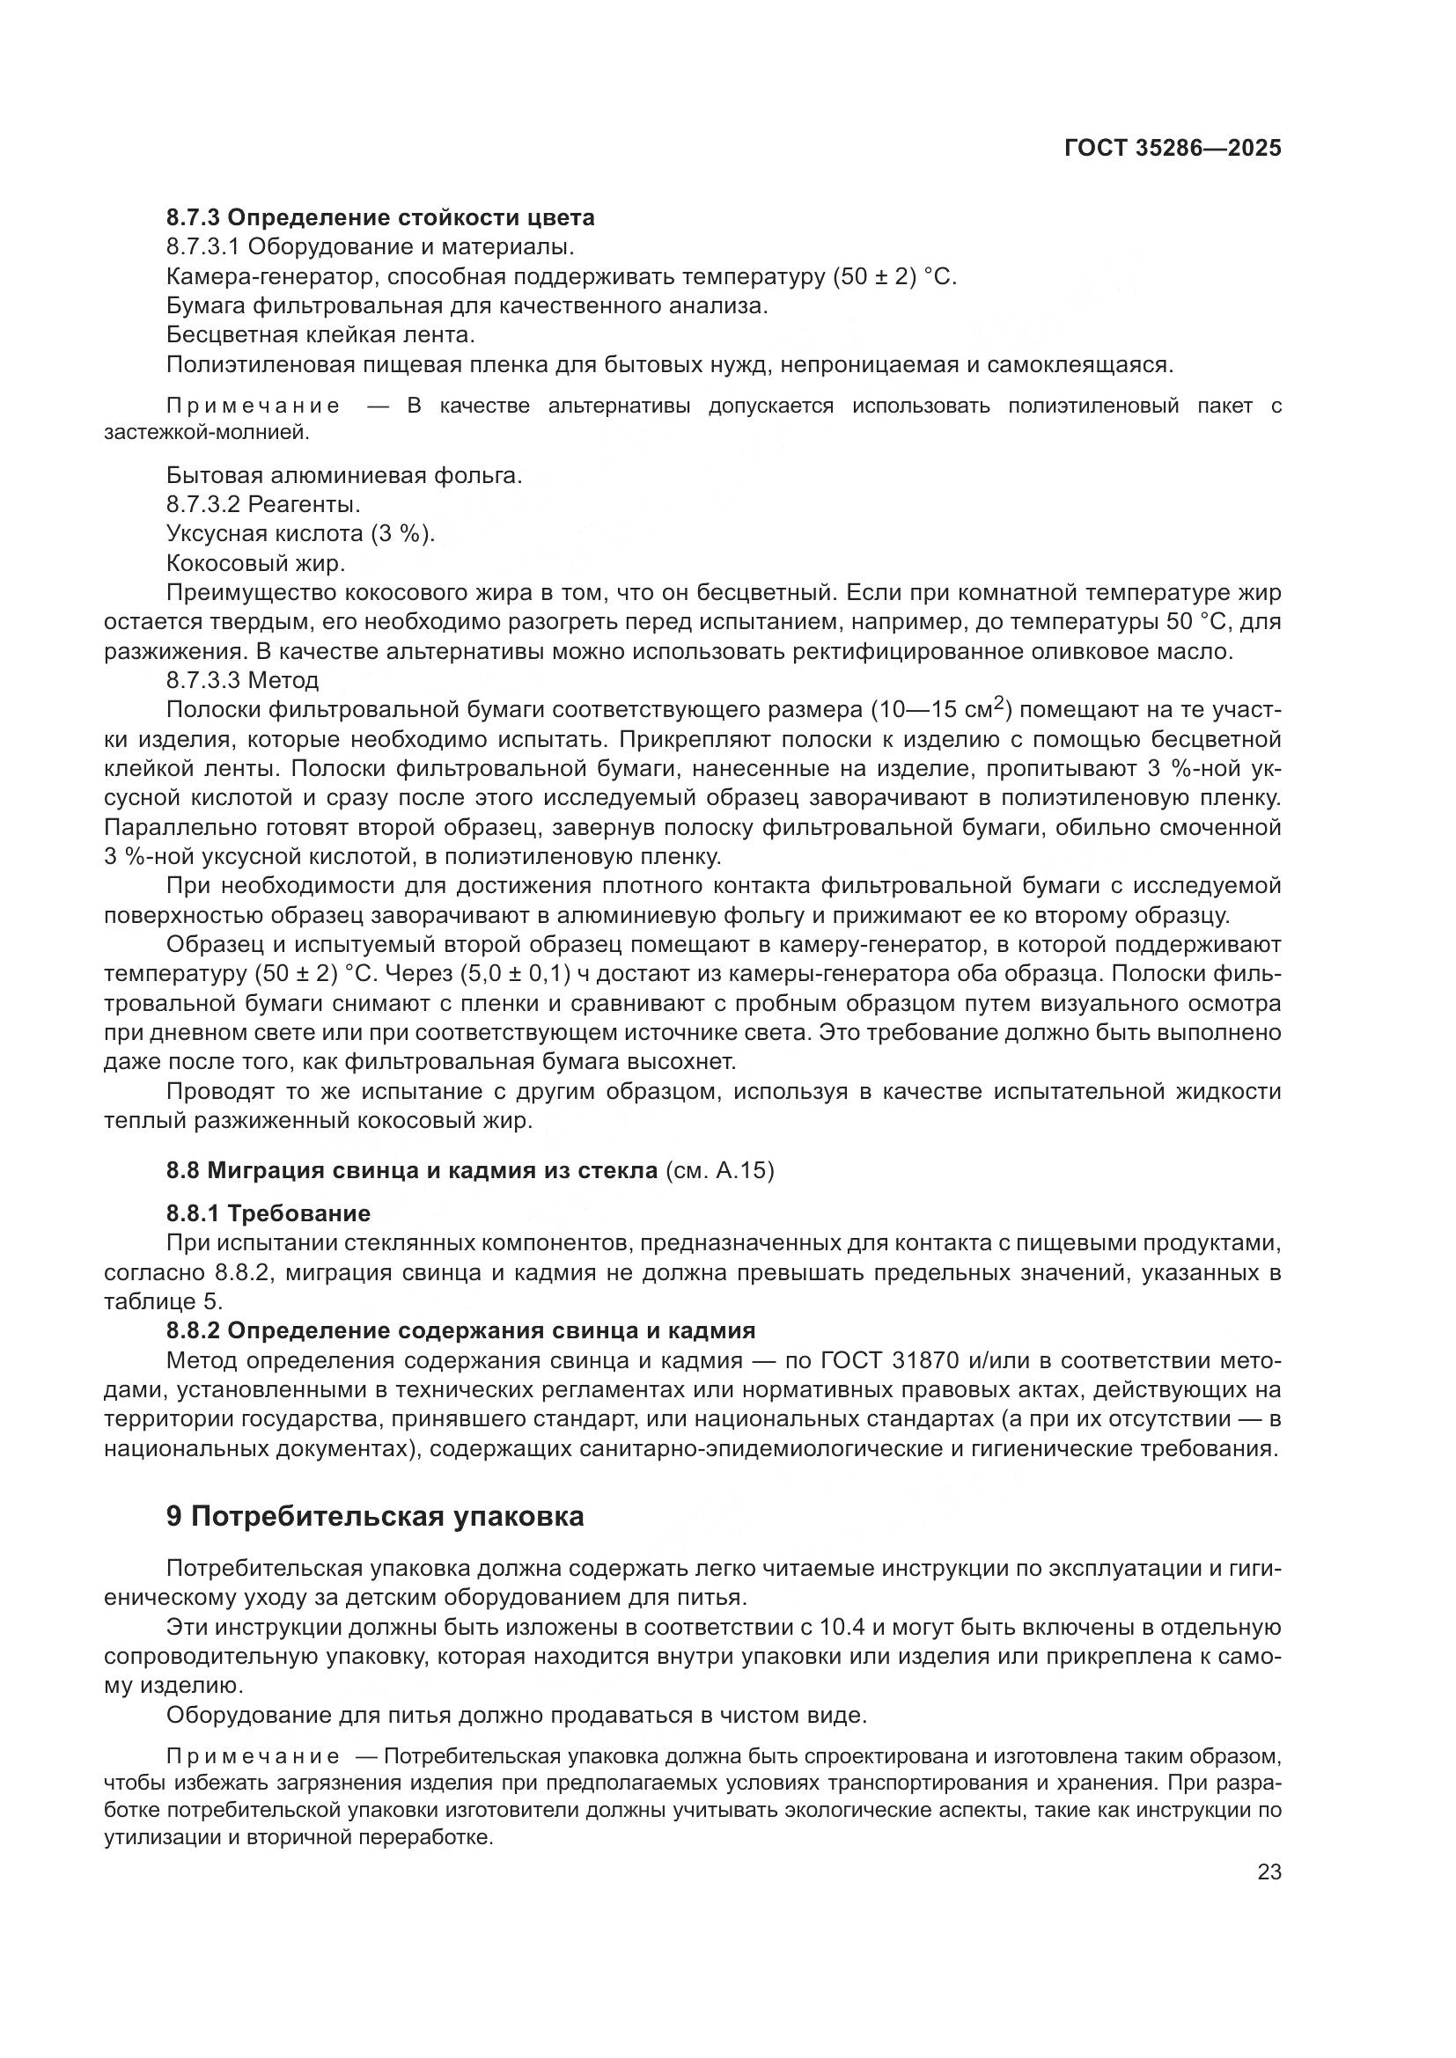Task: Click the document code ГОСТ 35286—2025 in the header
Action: click(1173, 149)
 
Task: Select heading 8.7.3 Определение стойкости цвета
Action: click(380, 218)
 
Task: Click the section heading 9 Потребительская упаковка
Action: click(375, 1516)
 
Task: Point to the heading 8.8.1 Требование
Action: click(268, 1212)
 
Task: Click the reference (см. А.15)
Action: click(720, 1169)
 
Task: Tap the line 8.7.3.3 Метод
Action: click(242, 680)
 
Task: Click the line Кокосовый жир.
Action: click(255, 563)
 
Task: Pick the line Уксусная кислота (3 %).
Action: click(300, 533)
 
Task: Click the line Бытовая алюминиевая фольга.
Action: click(343, 475)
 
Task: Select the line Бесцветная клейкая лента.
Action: click(320, 335)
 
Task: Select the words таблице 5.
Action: click(163, 1300)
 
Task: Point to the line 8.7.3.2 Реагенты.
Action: click(263, 505)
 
